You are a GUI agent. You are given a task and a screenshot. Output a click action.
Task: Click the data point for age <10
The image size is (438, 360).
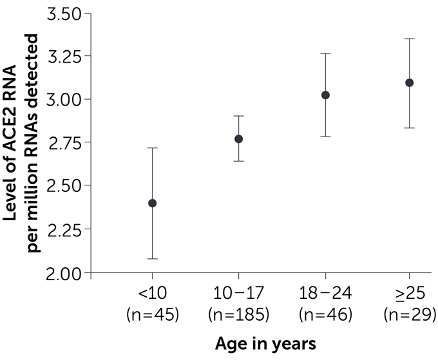click(x=153, y=203)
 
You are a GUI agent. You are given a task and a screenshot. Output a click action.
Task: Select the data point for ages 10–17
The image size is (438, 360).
click(x=238, y=138)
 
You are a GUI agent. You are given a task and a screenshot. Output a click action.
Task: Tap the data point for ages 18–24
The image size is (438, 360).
click(x=325, y=95)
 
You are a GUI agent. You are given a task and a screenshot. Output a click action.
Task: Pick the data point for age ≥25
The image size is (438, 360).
click(x=409, y=82)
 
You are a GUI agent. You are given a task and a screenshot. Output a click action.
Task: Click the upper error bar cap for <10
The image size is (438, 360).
click(x=153, y=148)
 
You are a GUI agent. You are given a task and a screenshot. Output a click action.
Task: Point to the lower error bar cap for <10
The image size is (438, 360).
click(x=153, y=258)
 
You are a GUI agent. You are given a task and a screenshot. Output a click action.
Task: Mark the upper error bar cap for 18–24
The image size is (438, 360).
click(x=325, y=53)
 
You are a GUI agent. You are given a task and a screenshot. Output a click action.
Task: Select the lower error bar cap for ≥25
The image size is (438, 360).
click(x=409, y=128)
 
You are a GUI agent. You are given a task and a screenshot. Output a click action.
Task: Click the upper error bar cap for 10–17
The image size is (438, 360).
click(x=238, y=116)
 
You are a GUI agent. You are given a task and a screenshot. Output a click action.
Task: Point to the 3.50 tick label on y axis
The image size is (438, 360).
click(x=66, y=14)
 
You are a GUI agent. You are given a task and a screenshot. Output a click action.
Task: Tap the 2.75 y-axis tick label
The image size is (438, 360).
click(x=66, y=143)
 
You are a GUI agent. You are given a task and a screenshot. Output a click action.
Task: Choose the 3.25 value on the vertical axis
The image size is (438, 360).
click(x=66, y=57)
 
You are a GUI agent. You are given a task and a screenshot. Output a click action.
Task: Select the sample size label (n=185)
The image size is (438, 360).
click(x=239, y=315)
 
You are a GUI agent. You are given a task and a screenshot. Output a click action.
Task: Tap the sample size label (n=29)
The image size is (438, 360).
click(x=409, y=315)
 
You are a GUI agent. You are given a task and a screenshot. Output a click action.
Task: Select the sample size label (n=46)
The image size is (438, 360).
click(x=325, y=315)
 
